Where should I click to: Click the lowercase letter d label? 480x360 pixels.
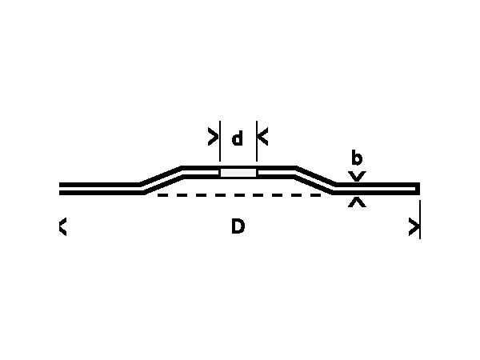[x=238, y=138]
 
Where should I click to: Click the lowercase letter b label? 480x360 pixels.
[x=357, y=158]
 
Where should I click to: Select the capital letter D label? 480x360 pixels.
[x=238, y=226]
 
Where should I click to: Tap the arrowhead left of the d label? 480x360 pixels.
[x=213, y=137]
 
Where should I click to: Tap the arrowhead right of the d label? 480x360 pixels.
[x=263, y=137]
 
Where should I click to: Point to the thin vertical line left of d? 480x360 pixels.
[x=220, y=141]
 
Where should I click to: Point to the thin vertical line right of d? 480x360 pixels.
[x=257, y=141]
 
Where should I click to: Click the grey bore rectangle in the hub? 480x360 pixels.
[x=238, y=173]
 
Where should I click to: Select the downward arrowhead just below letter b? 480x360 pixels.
[x=357, y=176]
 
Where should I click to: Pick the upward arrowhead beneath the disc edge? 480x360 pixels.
[x=357, y=202]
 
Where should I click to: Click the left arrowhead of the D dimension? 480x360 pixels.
[x=62, y=227]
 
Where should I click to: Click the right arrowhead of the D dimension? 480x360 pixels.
[x=414, y=227]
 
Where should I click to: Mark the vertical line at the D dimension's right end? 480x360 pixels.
[x=420, y=219]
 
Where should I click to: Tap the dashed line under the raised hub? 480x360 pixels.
[x=239, y=195]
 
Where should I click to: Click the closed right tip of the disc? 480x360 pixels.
[x=418, y=189]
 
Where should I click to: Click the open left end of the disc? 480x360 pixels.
[x=60, y=189]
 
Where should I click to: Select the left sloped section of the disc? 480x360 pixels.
[x=162, y=180]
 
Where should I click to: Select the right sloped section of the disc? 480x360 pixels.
[x=315, y=180]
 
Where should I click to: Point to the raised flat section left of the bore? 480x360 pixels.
[x=201, y=172]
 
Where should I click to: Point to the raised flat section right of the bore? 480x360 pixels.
[x=276, y=172]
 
